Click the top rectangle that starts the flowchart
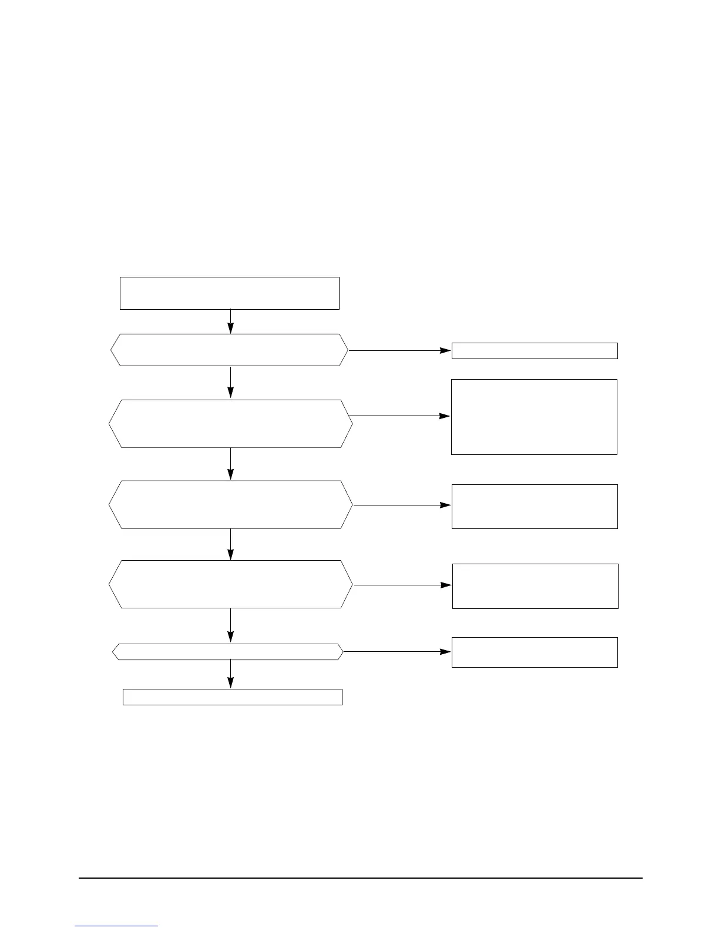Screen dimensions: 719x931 pyautogui.click(x=230, y=293)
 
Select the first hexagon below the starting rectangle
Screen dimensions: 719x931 pyautogui.click(x=230, y=350)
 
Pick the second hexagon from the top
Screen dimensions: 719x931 pyautogui.click(x=231, y=424)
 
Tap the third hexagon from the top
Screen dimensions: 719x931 pyautogui.click(x=231, y=504)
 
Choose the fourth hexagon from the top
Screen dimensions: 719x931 pyautogui.click(x=231, y=584)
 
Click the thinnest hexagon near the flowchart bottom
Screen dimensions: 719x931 pyautogui.click(x=228, y=651)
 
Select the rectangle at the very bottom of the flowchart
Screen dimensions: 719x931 pyautogui.click(x=233, y=696)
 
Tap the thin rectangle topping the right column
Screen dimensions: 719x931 pyautogui.click(x=535, y=350)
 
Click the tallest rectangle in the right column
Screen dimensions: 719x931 pyautogui.click(x=534, y=417)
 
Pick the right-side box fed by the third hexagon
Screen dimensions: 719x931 pyautogui.click(x=535, y=506)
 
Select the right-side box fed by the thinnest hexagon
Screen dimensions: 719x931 pyautogui.click(x=535, y=652)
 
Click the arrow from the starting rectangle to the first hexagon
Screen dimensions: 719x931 pyautogui.click(x=230, y=321)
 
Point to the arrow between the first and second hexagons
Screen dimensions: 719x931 pyautogui.click(x=230, y=382)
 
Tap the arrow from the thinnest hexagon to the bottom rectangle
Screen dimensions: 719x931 pyautogui.click(x=230, y=674)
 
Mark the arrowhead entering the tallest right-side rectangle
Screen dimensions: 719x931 pyautogui.click(x=446, y=416)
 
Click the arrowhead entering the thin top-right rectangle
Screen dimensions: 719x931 pyautogui.click(x=446, y=350)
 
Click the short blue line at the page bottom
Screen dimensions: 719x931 pyautogui.click(x=117, y=926)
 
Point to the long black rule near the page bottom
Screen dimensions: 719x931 pyautogui.click(x=361, y=879)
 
